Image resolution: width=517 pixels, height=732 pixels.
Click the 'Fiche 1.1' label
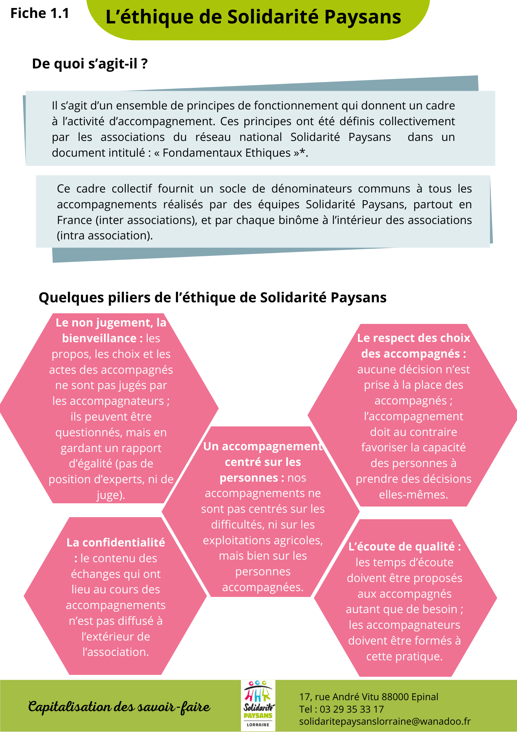coord(39,14)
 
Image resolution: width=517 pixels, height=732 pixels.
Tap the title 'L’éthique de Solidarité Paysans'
coord(253,17)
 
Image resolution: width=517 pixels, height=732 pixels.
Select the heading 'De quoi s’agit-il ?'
coord(90,64)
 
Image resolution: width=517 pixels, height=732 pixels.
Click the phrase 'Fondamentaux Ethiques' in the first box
coord(226,153)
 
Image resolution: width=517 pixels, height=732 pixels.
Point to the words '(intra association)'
coord(105,235)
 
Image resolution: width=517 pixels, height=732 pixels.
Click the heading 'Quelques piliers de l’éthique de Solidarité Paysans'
coord(212,298)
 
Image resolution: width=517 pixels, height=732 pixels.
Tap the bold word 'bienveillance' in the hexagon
coord(99,338)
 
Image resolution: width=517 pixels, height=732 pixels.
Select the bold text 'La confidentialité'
coord(116,542)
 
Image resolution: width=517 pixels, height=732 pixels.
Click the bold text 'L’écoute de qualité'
coord(402,546)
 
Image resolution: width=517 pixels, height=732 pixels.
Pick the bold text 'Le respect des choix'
coord(414,338)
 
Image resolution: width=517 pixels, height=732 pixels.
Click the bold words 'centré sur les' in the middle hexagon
coord(263,462)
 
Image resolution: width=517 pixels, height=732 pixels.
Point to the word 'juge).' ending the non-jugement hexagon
coord(111,495)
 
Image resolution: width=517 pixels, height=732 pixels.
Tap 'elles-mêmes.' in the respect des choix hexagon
coord(413,494)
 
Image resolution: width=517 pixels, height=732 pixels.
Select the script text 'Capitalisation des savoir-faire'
coord(119,707)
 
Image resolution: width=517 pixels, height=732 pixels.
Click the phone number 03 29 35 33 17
coord(352,709)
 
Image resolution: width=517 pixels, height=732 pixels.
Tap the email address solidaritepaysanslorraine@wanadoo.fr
coord(385,721)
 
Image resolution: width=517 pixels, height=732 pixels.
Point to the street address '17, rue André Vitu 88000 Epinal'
coord(369,697)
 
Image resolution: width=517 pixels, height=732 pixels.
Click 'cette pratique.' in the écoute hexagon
coord(404,656)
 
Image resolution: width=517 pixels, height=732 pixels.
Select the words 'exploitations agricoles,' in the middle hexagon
coord(263,540)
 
